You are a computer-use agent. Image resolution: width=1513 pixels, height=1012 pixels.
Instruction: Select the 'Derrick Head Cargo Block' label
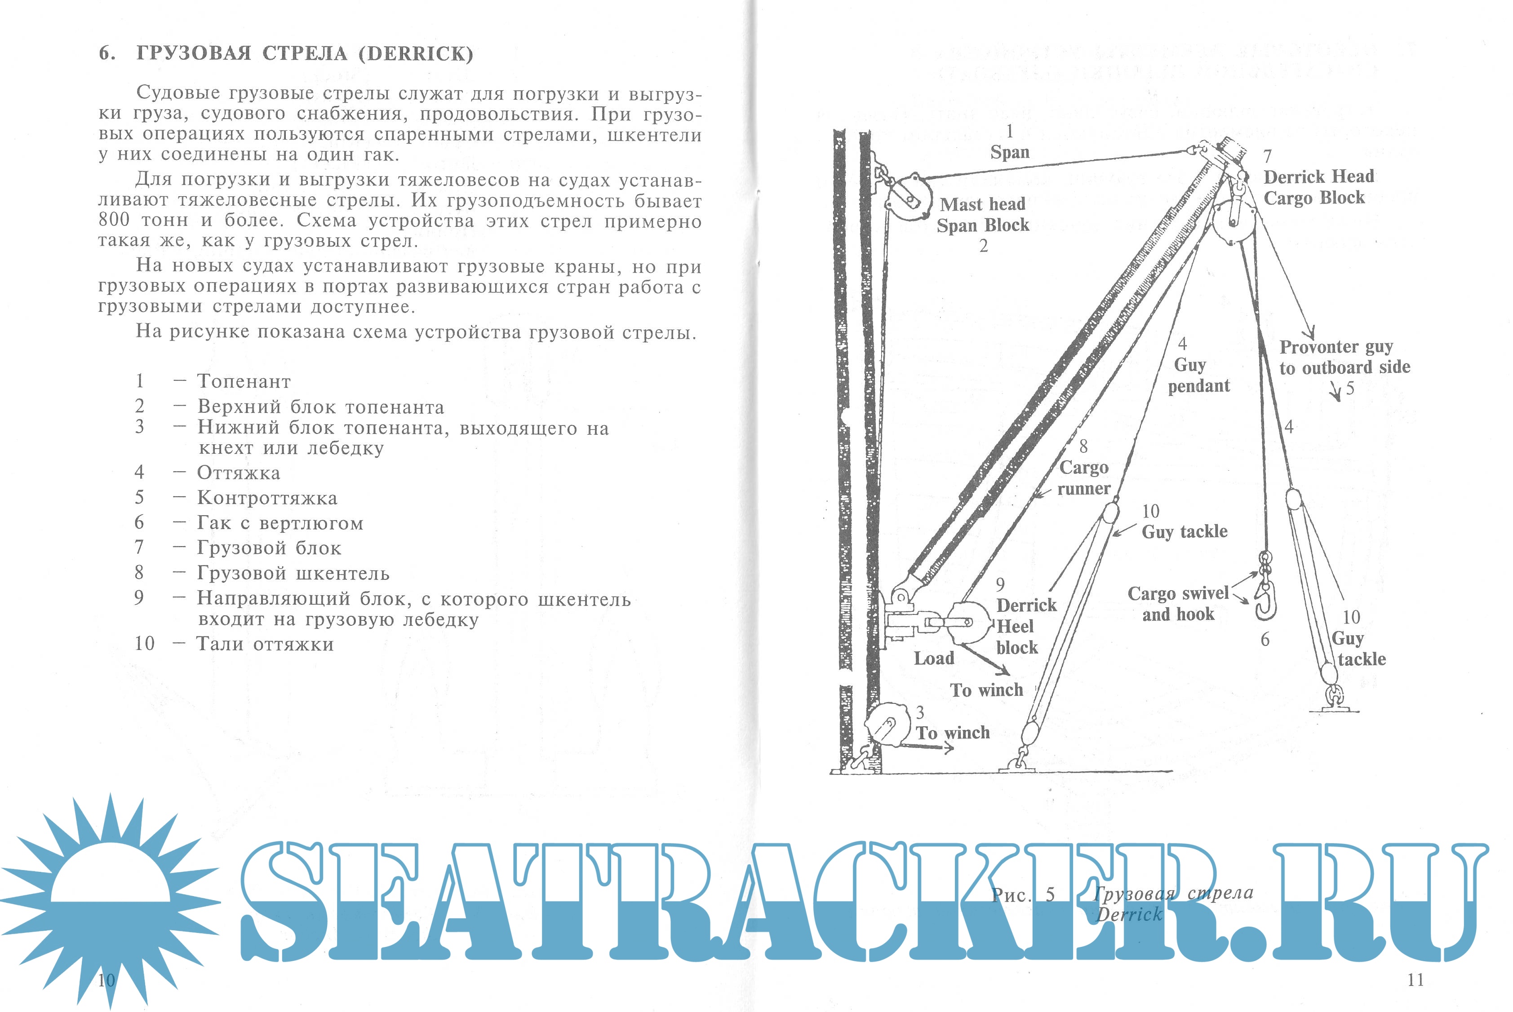pos(1318,187)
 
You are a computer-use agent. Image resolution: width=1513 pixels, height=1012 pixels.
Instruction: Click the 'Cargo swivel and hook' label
pos(1178,603)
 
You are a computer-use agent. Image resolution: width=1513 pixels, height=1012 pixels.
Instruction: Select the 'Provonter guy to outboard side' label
pos(1344,358)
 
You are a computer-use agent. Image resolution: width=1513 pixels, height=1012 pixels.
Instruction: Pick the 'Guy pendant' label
pos(1198,375)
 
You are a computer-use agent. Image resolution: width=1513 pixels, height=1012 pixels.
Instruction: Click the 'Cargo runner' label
pos(1084,477)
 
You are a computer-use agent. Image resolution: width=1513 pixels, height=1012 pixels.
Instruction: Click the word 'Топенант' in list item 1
pos(244,381)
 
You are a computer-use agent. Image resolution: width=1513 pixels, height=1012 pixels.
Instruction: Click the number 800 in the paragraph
pos(114,220)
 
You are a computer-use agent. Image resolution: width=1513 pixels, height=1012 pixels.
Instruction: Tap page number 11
pos(1415,980)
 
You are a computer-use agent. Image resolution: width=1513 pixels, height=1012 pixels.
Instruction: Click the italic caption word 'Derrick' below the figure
pos(1129,915)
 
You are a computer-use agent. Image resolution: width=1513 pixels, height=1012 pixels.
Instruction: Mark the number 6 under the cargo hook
pos(1265,640)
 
